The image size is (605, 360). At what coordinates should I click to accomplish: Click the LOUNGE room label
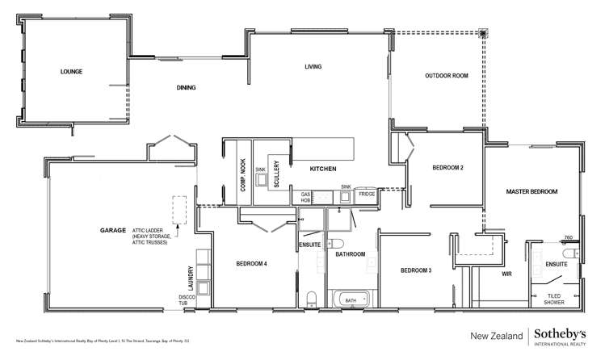click(x=71, y=72)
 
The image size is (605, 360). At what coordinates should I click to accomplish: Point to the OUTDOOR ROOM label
click(x=447, y=76)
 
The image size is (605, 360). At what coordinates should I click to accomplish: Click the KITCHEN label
click(x=322, y=170)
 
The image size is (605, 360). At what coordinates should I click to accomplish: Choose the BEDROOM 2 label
click(x=447, y=168)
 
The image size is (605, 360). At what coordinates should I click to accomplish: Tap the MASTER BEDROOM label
click(x=531, y=191)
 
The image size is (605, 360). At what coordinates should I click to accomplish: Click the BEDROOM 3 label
click(x=416, y=270)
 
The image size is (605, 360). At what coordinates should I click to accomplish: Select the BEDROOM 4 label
click(x=251, y=264)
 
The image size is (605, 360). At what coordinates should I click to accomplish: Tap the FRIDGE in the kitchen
click(x=367, y=195)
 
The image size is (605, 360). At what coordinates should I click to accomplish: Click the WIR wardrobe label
click(x=507, y=274)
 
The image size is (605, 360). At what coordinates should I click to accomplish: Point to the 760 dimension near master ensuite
click(x=568, y=238)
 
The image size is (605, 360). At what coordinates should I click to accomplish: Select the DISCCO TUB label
click(x=187, y=301)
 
